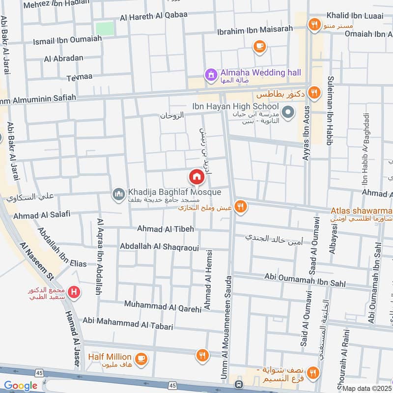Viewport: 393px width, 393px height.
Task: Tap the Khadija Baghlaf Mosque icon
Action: click(x=118, y=196)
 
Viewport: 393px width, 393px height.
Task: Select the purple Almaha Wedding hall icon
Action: click(x=210, y=75)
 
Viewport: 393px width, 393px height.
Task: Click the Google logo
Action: click(x=21, y=386)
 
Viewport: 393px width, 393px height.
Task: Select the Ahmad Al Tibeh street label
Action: click(x=166, y=229)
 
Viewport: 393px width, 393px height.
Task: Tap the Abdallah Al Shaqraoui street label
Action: click(x=159, y=247)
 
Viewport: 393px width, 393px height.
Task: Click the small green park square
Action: click(x=104, y=28)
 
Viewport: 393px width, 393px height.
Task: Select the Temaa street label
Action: click(x=79, y=77)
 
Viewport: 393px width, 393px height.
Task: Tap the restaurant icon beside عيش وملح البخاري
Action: click(x=240, y=207)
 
